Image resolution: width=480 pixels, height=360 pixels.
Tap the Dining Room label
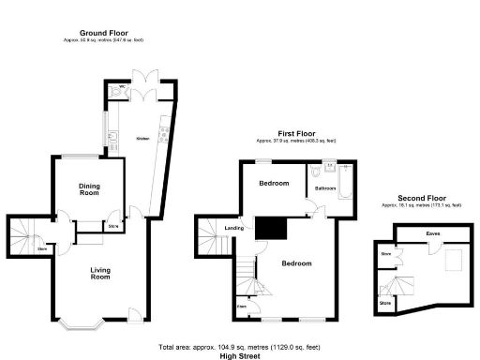[89, 187]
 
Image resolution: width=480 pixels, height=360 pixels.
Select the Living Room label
[100, 274]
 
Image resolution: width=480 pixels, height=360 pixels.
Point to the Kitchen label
[143, 137]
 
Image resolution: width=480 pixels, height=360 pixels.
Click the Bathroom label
[325, 188]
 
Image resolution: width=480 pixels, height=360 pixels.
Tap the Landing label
[236, 228]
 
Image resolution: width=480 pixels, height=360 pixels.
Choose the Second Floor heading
[422, 198]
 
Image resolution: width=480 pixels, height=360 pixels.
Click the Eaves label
[432, 233]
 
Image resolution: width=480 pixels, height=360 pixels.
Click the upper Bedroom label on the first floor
[274, 183]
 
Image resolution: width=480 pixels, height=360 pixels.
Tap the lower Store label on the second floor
[385, 304]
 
